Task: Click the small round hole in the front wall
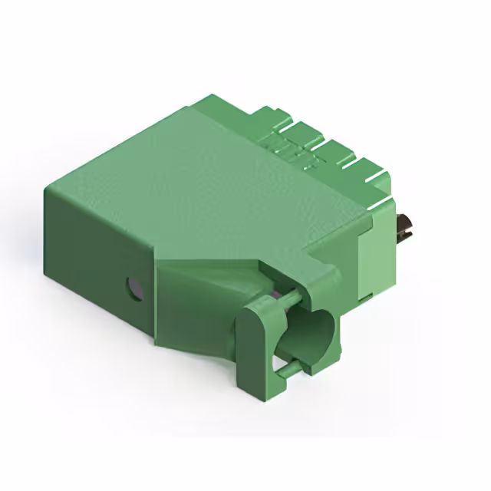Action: (134, 288)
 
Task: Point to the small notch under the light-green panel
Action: (367, 294)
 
